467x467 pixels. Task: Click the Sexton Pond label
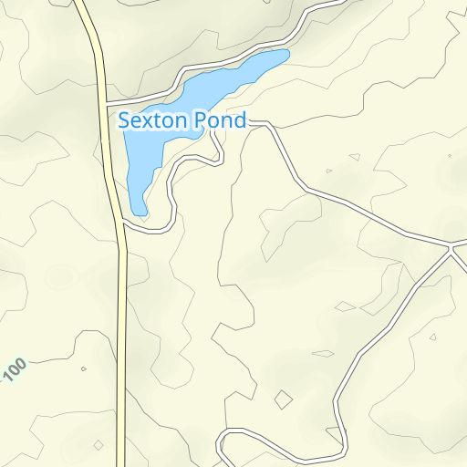click(183, 119)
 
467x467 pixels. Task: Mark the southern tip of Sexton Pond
click(140, 213)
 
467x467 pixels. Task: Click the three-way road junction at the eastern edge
click(451, 245)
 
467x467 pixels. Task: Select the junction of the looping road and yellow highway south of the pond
click(121, 224)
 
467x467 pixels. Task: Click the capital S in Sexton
click(126, 119)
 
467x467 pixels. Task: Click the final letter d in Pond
click(240, 119)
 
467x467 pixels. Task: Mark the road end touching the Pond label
click(249, 122)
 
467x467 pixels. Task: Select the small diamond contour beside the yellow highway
click(98, 445)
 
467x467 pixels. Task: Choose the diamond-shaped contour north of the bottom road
click(284, 399)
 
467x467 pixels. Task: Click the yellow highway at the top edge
click(79, 3)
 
